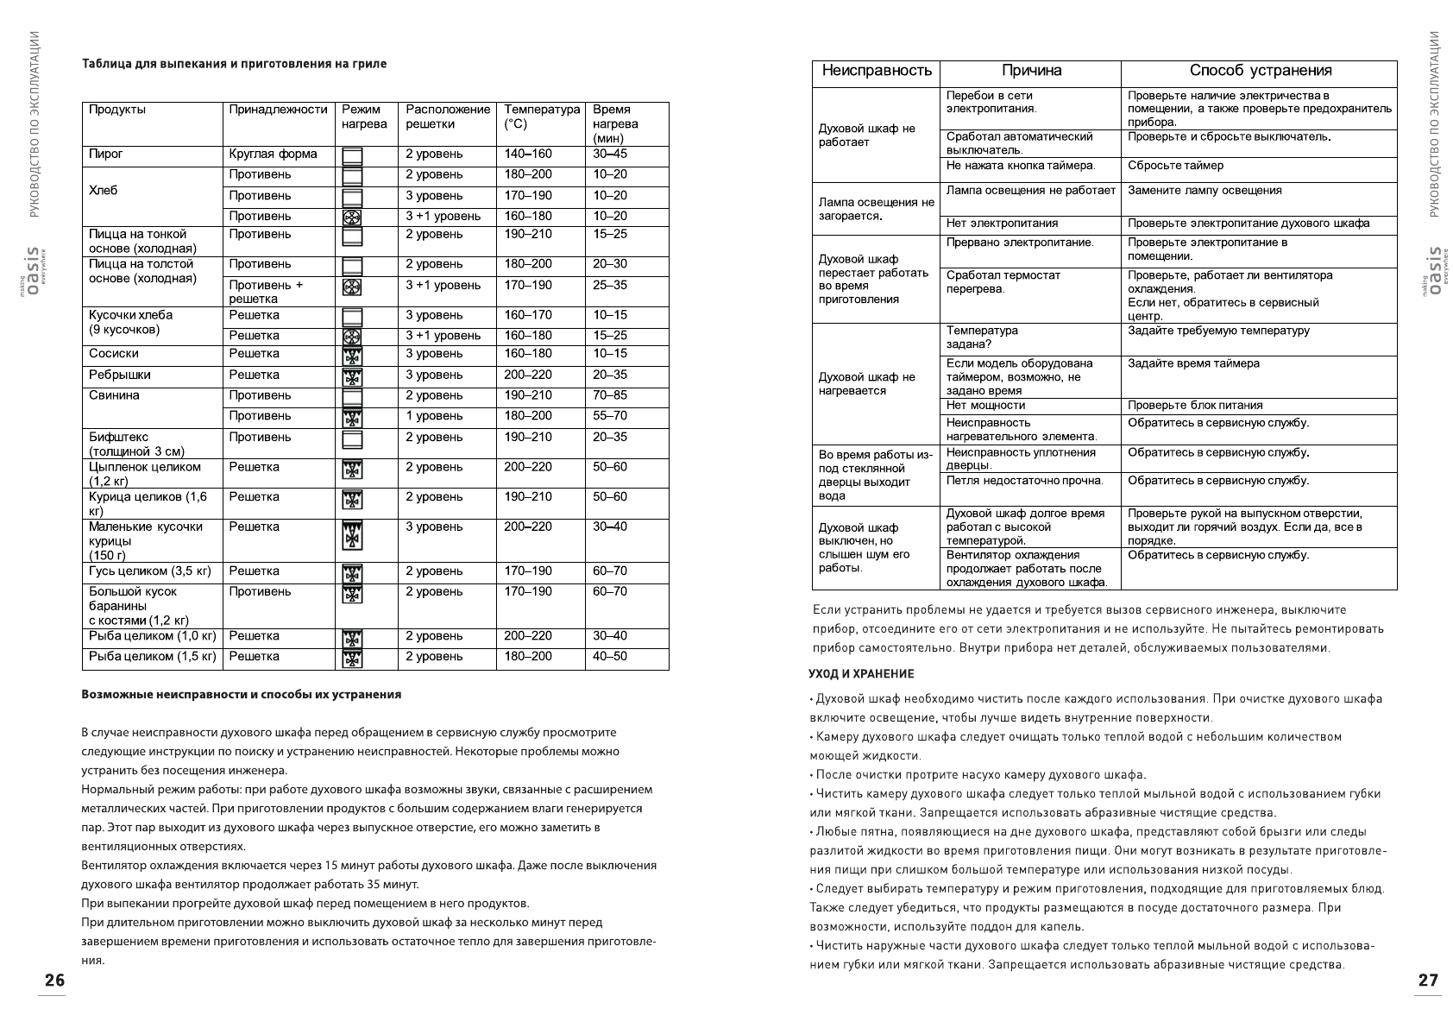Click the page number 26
[x=54, y=981]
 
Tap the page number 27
[x=1428, y=981]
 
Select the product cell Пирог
[x=106, y=155]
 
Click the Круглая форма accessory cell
[x=273, y=155]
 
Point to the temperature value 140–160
[x=528, y=155]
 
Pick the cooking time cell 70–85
[x=610, y=395]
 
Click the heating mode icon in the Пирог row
[x=352, y=156]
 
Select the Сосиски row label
[x=114, y=354]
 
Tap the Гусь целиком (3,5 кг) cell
[x=150, y=571]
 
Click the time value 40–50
[x=610, y=657]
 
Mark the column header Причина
[x=1031, y=72]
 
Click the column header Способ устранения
[x=1260, y=72]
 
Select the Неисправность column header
[x=877, y=72]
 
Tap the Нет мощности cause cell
[x=985, y=406]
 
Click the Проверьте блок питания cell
[x=1195, y=406]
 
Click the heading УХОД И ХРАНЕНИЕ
[x=860, y=674]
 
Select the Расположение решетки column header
[x=447, y=117]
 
